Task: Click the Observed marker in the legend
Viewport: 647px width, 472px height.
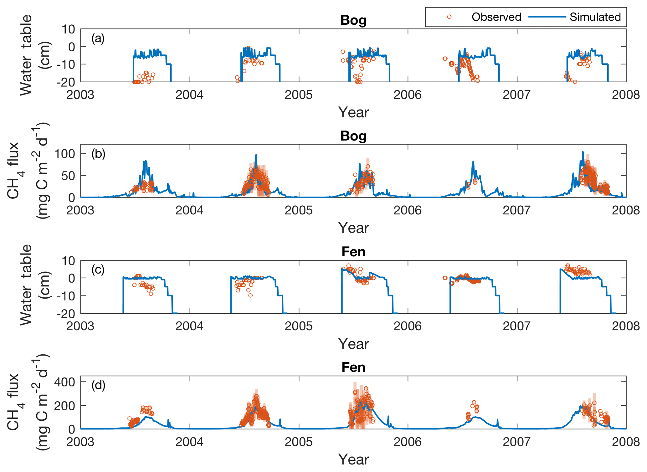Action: (449, 17)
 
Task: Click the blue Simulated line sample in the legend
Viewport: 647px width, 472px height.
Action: (547, 17)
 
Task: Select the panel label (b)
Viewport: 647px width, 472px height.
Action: (98, 154)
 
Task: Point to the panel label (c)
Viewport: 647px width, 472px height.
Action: (98, 269)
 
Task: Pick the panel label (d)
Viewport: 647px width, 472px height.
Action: (98, 385)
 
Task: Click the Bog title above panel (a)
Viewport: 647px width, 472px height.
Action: (353, 20)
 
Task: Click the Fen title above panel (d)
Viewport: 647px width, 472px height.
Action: (353, 367)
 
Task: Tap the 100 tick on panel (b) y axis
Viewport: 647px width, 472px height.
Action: (65, 153)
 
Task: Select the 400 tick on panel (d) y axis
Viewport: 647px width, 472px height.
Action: (65, 382)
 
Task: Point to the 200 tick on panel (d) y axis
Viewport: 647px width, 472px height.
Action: (65, 406)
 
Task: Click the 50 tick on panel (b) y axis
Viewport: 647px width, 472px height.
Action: (68, 176)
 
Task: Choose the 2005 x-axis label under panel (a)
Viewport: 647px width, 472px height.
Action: (299, 95)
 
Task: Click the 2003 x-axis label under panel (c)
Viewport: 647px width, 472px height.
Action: (80, 326)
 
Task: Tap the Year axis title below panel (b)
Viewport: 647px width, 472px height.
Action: (353, 228)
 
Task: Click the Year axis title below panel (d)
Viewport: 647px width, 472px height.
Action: (353, 459)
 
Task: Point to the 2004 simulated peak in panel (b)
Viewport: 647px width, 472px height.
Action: (256, 155)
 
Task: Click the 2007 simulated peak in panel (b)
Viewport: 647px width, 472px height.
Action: (583, 152)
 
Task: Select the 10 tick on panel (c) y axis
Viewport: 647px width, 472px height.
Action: (68, 260)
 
